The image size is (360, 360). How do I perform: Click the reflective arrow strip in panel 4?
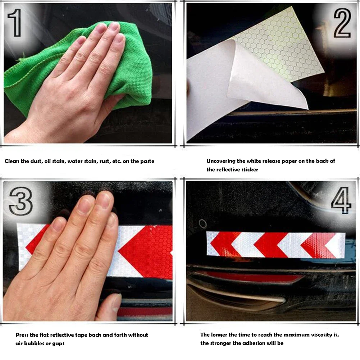pyautogui.click(x=275, y=245)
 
